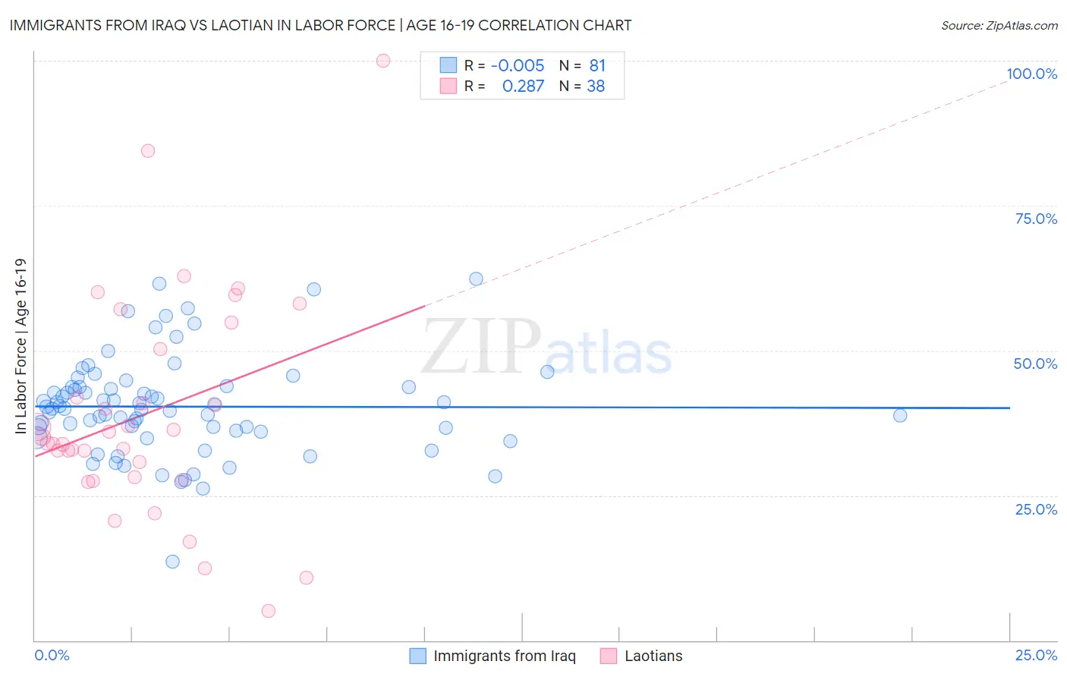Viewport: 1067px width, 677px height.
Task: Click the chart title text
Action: [x=320, y=25]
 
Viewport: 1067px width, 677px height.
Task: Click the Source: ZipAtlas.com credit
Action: [x=999, y=25]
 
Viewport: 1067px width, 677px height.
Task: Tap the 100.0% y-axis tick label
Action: [x=1031, y=74]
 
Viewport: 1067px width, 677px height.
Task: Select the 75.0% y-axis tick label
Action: [x=1036, y=219]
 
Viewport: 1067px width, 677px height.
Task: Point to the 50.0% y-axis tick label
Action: [x=1035, y=364]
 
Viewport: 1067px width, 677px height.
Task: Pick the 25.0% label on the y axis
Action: [x=1036, y=509]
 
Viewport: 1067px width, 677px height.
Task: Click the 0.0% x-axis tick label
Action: [x=52, y=655]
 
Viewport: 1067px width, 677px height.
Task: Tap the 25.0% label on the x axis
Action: [x=1036, y=655]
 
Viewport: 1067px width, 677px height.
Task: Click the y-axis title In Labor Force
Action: [x=20, y=346]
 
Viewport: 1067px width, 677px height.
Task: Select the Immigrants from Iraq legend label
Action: [x=504, y=656]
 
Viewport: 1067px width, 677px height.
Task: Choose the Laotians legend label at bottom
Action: [x=653, y=656]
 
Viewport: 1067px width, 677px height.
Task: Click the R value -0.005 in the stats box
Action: [x=518, y=65]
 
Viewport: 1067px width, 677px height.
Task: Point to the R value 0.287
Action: [x=523, y=87]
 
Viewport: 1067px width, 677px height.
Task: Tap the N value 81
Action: [x=597, y=65]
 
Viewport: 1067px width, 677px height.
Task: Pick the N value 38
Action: [x=596, y=87]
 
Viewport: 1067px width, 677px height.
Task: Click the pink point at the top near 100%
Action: [x=383, y=61]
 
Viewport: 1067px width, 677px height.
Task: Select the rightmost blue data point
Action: [x=900, y=415]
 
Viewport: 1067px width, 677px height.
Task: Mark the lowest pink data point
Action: [x=268, y=611]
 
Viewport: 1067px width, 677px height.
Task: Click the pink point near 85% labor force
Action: [x=148, y=151]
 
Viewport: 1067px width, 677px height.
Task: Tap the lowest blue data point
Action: [x=173, y=562]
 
